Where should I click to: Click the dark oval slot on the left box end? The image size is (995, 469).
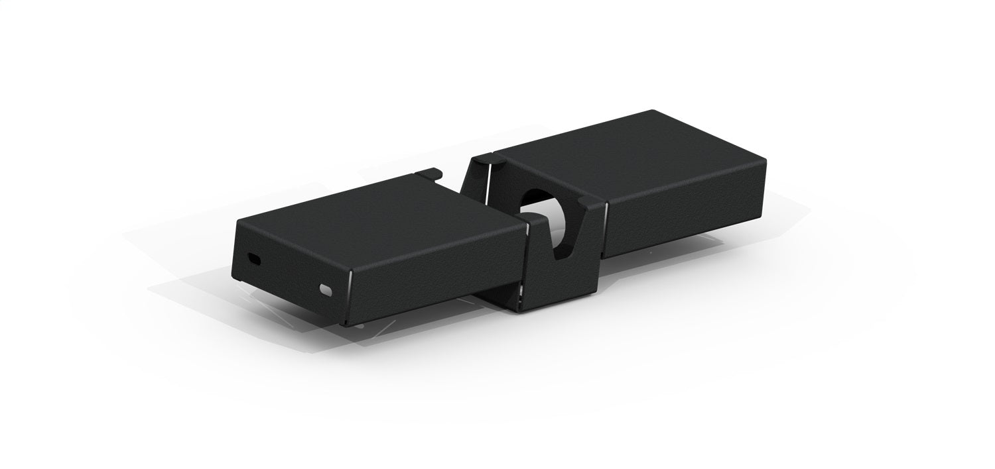tap(254, 259)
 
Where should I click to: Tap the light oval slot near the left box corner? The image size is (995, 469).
tap(325, 289)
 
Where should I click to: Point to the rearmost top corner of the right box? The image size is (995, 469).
tap(653, 111)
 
